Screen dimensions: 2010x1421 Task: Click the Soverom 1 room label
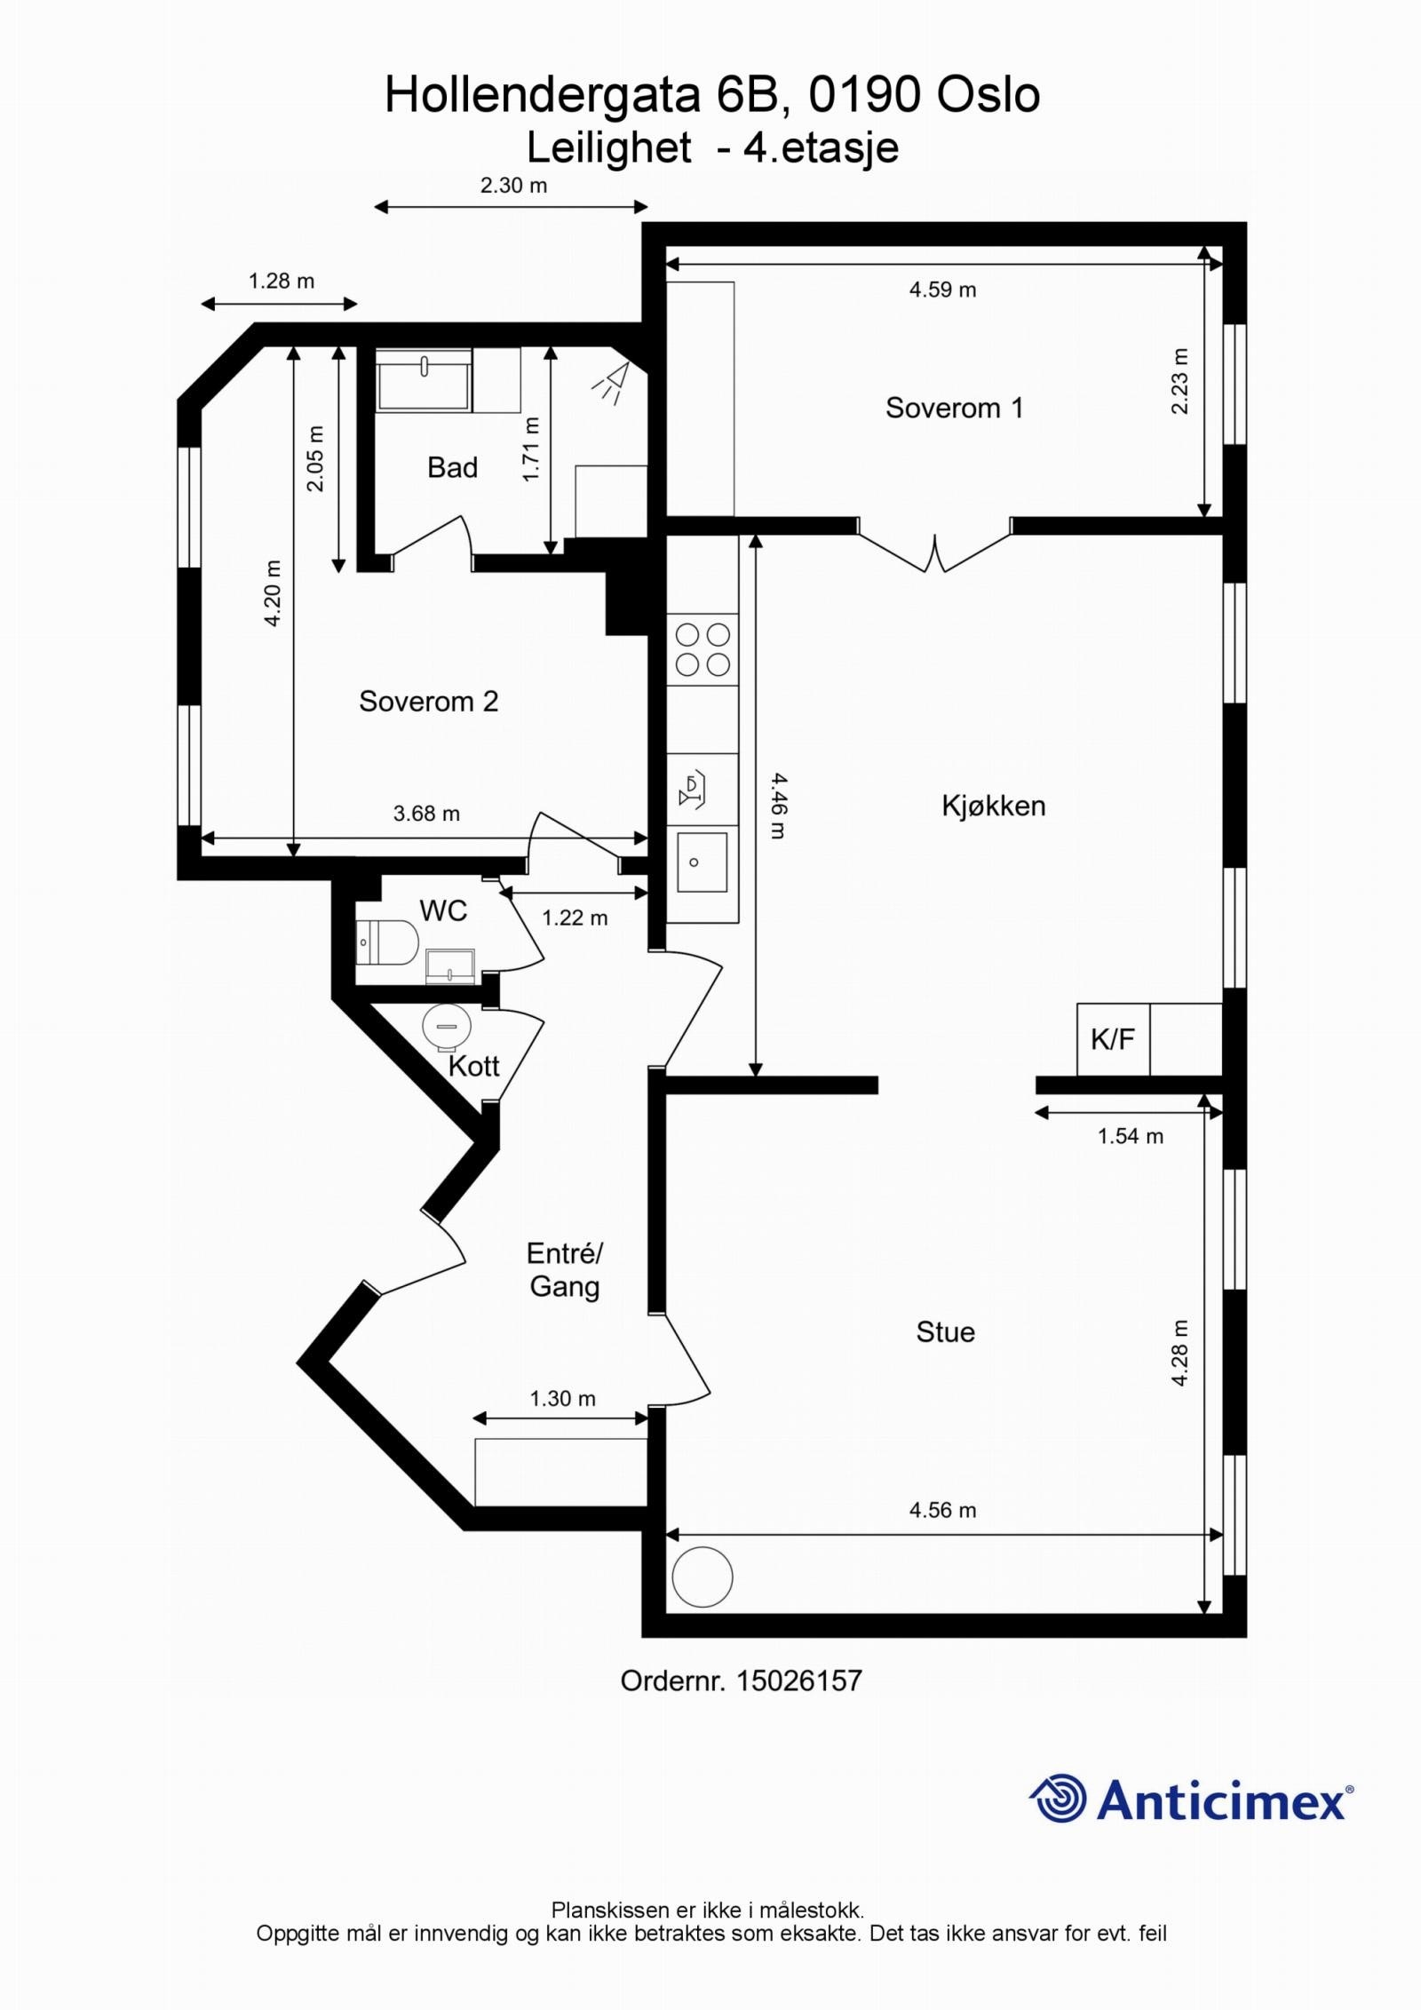[x=954, y=408]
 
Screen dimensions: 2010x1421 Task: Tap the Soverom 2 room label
[x=428, y=702]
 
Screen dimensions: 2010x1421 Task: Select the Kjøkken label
[x=993, y=806]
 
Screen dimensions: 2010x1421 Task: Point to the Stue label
[x=945, y=1332]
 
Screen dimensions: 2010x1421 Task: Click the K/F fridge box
[x=1113, y=1039]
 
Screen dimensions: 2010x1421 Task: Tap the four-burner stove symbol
[x=703, y=649]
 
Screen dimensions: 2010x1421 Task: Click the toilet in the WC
[x=389, y=942]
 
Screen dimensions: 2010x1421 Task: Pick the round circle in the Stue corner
[x=703, y=1577]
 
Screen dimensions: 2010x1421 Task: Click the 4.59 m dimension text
[x=942, y=290]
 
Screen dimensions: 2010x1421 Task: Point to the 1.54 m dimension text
[x=1130, y=1136]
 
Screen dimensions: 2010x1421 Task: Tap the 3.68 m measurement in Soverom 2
[x=426, y=814]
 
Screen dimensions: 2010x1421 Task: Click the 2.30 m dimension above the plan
[x=513, y=186]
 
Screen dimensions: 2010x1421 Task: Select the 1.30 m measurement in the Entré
[x=562, y=1399]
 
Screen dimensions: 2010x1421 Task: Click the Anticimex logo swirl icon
[x=1059, y=1799]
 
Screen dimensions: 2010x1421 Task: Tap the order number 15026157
[x=798, y=1680]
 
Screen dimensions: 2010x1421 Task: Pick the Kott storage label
[x=473, y=1066]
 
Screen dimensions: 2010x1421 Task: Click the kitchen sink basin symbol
[x=702, y=862]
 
